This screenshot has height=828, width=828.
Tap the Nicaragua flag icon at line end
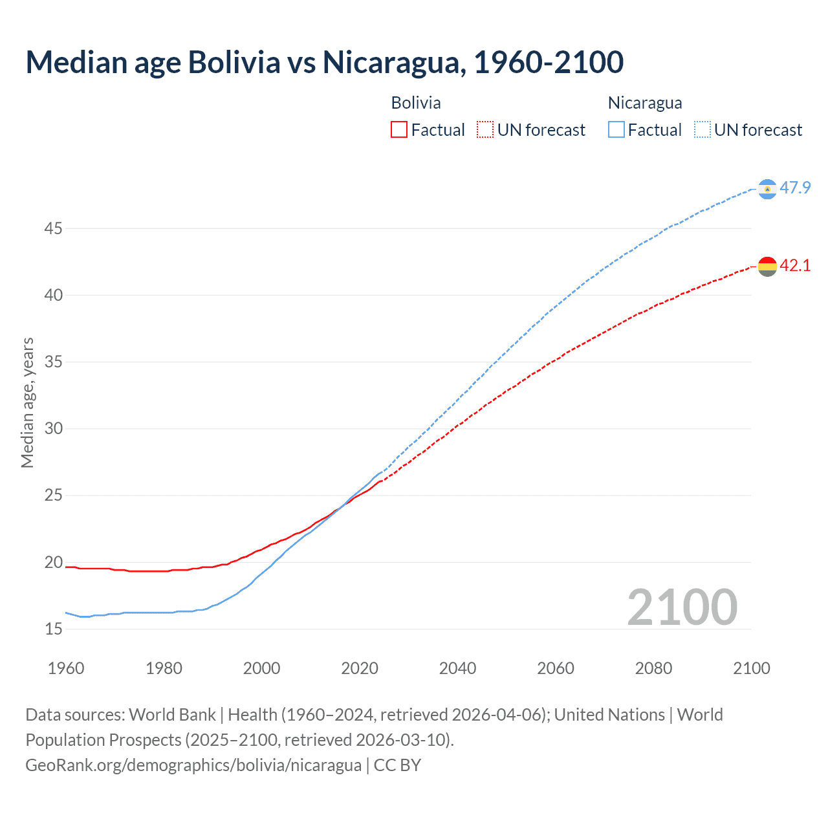click(767, 189)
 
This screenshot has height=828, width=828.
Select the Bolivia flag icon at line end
click(767, 266)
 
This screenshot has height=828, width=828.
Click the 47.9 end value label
click(795, 188)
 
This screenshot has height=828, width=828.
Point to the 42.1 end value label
click(795, 266)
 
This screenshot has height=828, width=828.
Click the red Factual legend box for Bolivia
click(399, 130)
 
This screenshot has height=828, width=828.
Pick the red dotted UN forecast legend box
click(485, 130)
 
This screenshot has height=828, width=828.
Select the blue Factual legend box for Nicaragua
click(616, 130)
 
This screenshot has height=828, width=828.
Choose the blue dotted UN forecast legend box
click(702, 130)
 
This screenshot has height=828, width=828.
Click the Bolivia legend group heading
click(416, 103)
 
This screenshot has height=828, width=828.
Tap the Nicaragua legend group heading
click(645, 103)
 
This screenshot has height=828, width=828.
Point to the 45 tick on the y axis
click(54, 228)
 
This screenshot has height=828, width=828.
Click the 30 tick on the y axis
click(54, 428)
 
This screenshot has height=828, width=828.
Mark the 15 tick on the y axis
click(54, 629)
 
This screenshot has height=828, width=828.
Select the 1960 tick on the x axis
click(66, 668)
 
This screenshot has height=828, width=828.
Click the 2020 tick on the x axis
click(360, 668)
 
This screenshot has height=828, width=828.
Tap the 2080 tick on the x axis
click(653, 668)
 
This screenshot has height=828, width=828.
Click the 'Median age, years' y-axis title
click(27, 402)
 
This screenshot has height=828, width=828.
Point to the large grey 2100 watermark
click(682, 607)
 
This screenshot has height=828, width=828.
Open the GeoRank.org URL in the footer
click(193, 765)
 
